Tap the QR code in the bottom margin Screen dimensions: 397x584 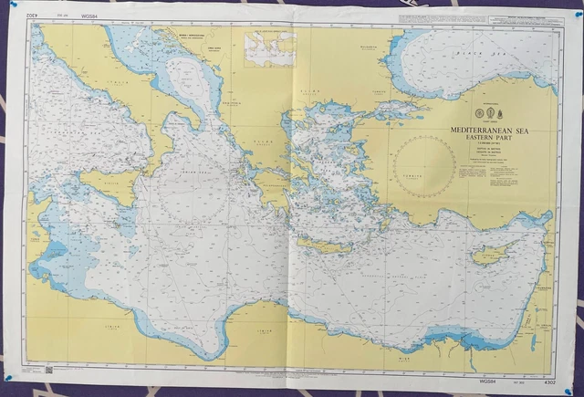coord(48,370)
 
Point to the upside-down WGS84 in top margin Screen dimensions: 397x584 coord(88,16)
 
